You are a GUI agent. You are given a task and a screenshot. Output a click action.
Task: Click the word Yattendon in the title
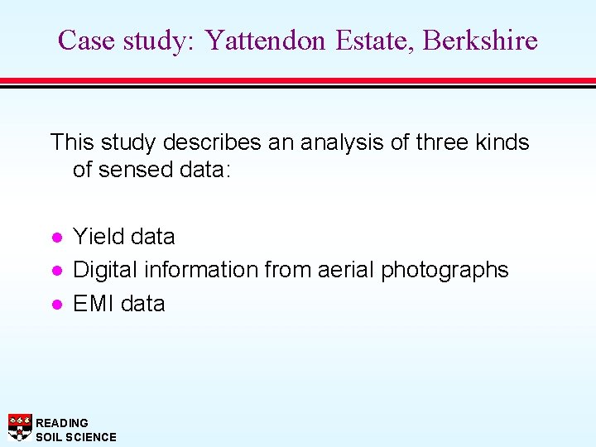tap(266, 40)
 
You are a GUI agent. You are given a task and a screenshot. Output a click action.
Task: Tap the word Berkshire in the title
tap(480, 40)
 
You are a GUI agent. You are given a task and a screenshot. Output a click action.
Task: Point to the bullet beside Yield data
tap(55, 237)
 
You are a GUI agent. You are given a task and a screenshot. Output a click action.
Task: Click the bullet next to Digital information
tap(55, 271)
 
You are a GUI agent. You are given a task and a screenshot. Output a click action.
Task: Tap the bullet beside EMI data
tap(55, 304)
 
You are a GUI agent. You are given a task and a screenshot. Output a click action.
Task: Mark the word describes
tap(216, 142)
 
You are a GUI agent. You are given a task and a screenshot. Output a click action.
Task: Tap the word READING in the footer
tap(62, 423)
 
